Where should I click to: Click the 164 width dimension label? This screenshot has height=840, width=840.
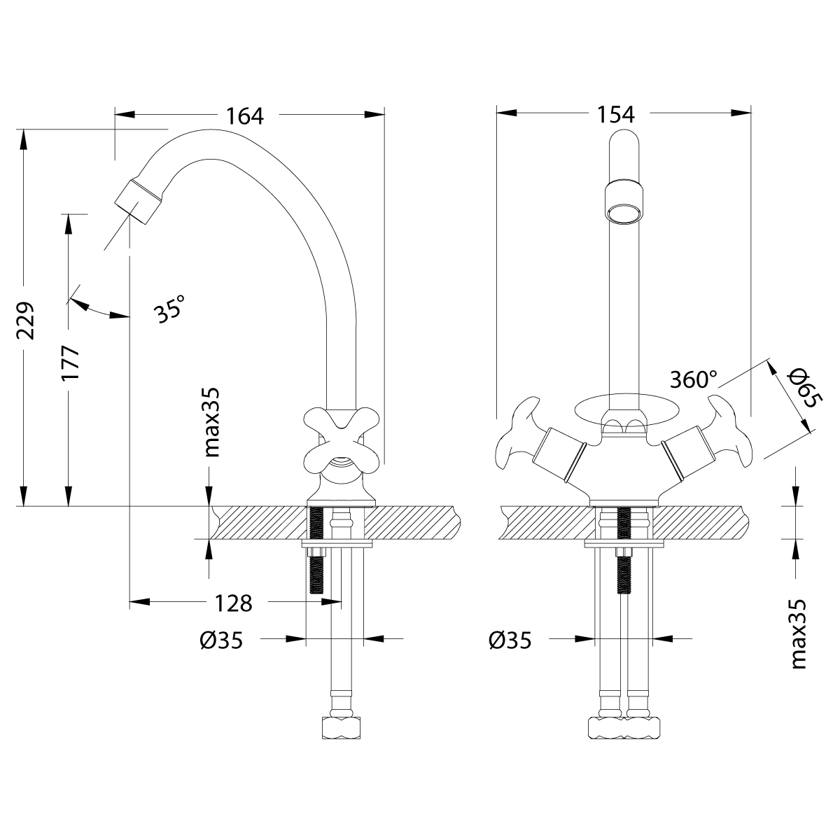pos(244,115)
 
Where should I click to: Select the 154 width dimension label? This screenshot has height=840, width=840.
pos(616,114)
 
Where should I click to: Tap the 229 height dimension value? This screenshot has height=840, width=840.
pos(25,321)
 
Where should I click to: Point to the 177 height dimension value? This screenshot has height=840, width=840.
pos(71,363)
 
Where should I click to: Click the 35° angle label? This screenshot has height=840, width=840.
pos(170,308)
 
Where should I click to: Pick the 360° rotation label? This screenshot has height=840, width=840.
pos(694,379)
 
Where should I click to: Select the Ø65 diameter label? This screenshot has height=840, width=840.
pos(800,390)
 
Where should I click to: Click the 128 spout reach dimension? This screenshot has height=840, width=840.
pos(232,602)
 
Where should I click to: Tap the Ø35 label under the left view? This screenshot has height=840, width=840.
pos(220,640)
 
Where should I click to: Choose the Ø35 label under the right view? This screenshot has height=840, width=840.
pos(510,640)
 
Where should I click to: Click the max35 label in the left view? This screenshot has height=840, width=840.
pos(211,423)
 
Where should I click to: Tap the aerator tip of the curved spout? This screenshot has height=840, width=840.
pos(139,199)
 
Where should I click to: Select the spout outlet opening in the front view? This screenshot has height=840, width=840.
pos(622,213)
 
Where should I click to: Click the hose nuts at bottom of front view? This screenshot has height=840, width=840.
pos(623,726)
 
